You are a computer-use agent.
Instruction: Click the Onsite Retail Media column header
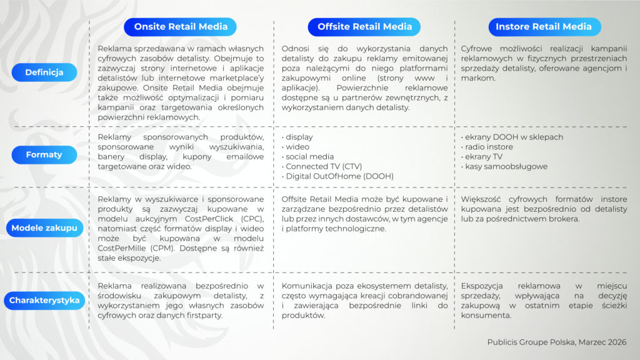click(x=181, y=27)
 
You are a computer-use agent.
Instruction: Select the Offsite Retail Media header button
click(x=364, y=27)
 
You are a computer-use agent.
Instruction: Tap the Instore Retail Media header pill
click(x=544, y=27)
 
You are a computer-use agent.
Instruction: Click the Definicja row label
click(x=44, y=72)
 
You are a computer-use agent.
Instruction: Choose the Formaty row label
click(x=44, y=154)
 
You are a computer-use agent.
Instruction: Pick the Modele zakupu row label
click(x=44, y=228)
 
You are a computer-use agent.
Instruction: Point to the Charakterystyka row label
click(x=44, y=301)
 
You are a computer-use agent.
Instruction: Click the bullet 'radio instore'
click(x=489, y=147)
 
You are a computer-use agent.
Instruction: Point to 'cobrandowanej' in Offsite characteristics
click(x=418, y=296)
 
